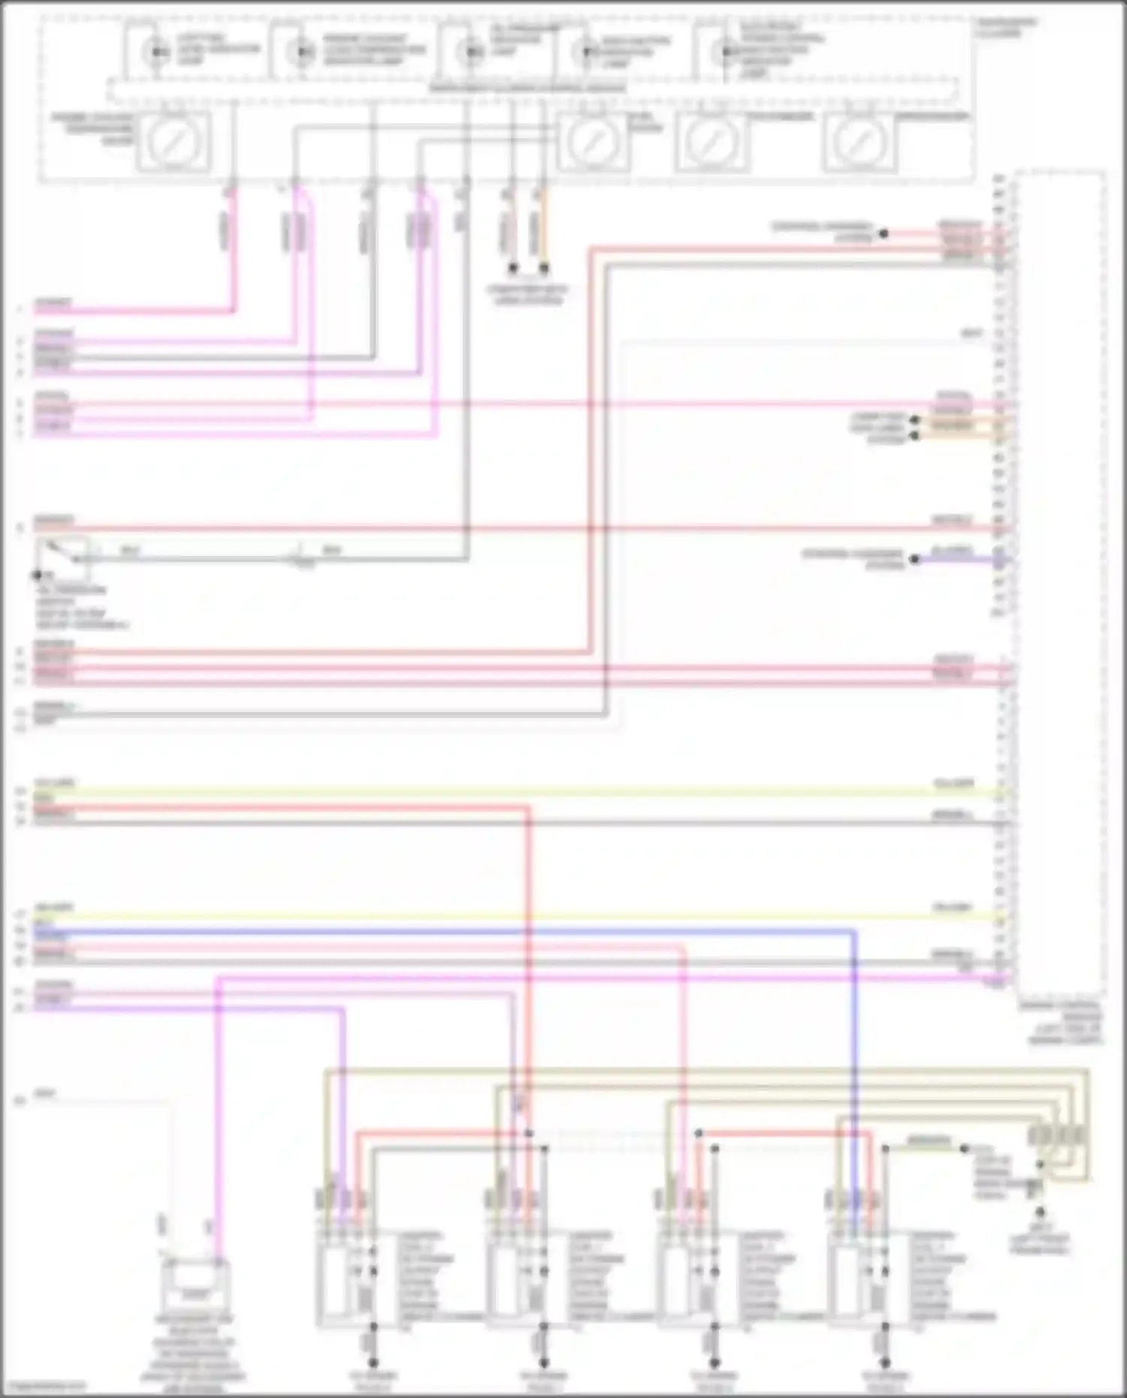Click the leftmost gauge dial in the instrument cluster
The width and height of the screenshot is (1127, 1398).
174,142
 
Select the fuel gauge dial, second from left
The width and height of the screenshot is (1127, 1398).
594,142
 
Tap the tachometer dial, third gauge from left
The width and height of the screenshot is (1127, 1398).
712,142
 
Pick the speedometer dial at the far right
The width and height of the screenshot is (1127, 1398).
860,142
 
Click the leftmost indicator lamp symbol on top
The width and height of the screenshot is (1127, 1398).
157,52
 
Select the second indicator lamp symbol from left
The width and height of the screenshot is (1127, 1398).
303,52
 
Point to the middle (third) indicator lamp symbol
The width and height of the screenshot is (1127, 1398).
472,52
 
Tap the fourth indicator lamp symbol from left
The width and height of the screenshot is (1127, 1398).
585,52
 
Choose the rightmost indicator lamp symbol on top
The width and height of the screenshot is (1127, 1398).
725,52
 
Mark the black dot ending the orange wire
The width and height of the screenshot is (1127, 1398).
544,268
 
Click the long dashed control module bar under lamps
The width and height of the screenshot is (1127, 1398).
526,89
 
